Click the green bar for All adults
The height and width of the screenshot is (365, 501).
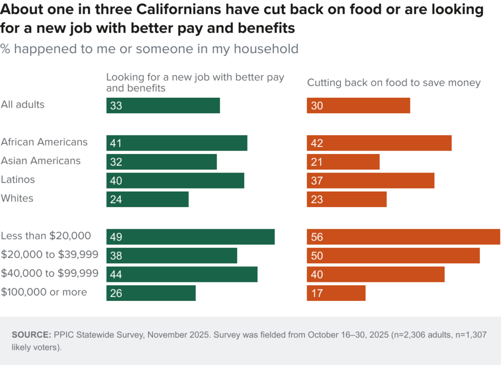[163, 106]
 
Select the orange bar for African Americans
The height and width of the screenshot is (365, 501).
[379, 143]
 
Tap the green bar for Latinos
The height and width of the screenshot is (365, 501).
[175, 181]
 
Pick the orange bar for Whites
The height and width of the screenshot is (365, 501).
[346, 199]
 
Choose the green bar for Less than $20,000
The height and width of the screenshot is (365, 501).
[190, 237]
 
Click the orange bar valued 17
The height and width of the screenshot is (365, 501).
[336, 293]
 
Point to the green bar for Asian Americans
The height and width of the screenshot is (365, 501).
[161, 162]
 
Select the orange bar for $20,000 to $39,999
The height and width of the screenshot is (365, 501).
[393, 256]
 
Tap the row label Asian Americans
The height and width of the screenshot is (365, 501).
[41, 161]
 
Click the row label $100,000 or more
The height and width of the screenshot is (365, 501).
[44, 292]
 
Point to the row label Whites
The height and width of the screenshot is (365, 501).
[17, 198]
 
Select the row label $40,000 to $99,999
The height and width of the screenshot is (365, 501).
[49, 274]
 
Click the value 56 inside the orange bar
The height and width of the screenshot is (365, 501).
[317, 237]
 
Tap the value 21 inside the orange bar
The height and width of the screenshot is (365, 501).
[317, 162]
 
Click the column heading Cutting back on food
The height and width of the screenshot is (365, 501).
[393, 83]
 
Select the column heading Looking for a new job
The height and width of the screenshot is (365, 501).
[195, 83]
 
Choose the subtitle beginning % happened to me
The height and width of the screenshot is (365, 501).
[149, 49]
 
